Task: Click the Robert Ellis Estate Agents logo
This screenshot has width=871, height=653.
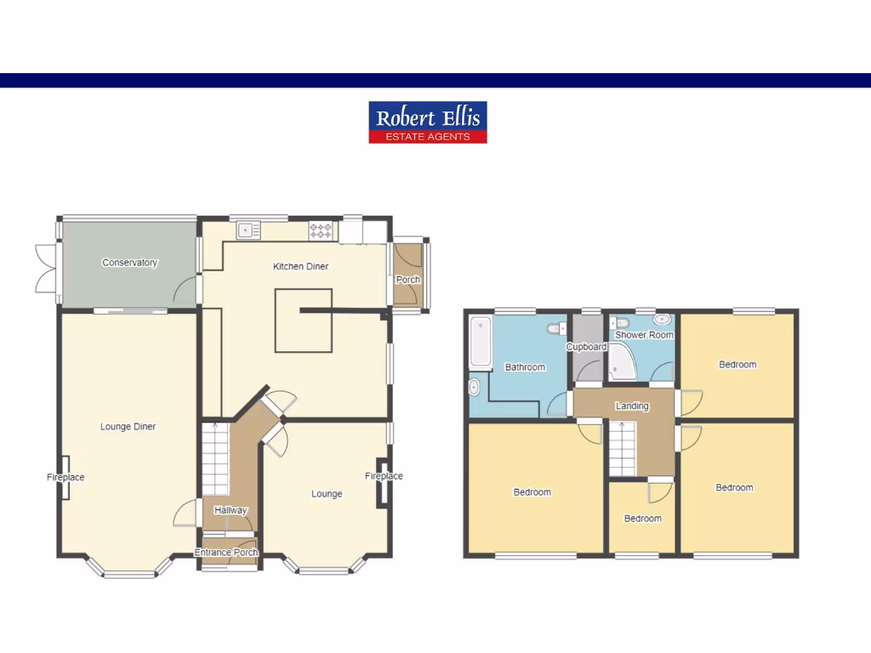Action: coord(427,122)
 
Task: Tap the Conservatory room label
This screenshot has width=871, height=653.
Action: coord(129,263)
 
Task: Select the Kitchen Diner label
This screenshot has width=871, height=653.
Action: coord(300,266)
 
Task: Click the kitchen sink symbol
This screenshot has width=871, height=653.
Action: coord(248,229)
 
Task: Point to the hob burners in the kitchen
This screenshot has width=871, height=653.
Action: coord(321,229)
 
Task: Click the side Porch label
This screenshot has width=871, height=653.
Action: coord(407,280)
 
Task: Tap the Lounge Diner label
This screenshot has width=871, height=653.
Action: coord(128,427)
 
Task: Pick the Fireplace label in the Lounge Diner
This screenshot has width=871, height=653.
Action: coord(65,478)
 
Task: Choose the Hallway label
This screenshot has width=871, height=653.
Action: coord(231,510)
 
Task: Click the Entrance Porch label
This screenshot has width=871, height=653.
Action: coord(226,553)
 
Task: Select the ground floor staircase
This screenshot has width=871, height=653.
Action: coord(215,459)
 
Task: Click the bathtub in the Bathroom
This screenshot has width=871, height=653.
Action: coord(481,343)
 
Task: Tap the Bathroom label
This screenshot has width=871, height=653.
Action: coord(525,367)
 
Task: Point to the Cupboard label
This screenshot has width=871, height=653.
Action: coord(586,347)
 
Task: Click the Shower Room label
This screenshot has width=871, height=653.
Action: coord(644,335)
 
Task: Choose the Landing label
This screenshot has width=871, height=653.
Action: coord(632,406)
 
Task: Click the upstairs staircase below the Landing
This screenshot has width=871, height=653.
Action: coord(622,451)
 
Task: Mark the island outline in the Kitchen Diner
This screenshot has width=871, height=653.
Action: coord(304,321)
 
